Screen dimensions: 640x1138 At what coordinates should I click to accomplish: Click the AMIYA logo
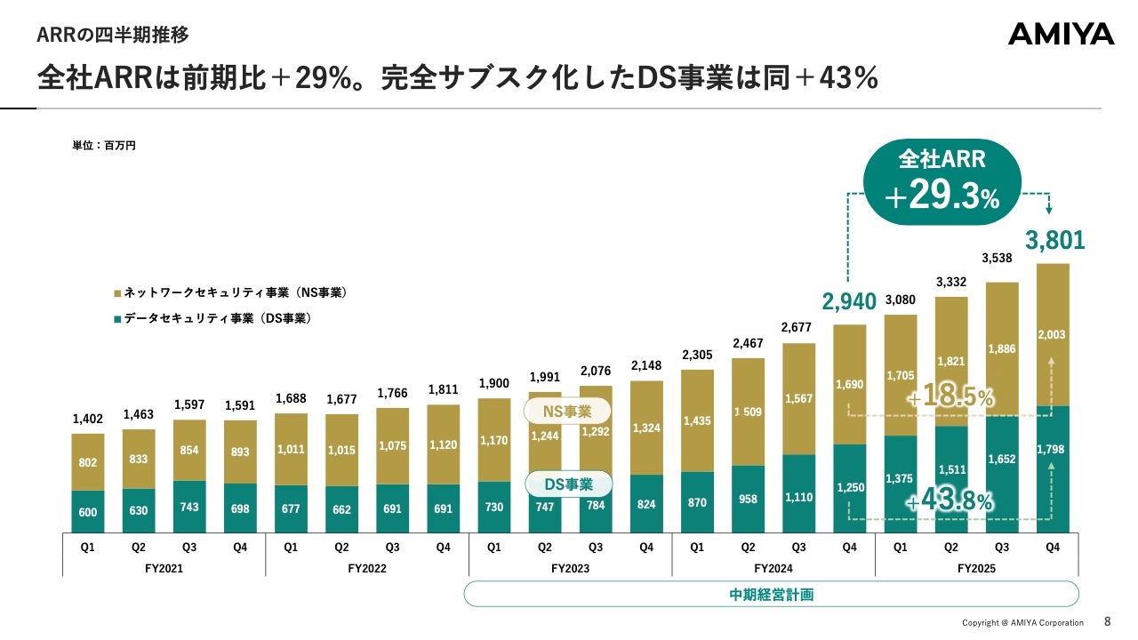point(1061,35)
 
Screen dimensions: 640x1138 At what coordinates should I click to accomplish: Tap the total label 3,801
point(1054,241)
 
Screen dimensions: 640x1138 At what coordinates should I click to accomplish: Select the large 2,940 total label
point(849,302)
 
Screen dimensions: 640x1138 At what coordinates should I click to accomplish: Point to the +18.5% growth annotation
point(950,396)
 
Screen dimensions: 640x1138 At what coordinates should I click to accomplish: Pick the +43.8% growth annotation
point(950,501)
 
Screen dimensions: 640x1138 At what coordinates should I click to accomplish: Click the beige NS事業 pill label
point(567,412)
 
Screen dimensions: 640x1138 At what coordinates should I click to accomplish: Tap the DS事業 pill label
point(567,484)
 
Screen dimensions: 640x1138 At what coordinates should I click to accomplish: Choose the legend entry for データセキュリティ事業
point(217,318)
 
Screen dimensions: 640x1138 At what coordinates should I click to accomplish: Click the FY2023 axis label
point(570,567)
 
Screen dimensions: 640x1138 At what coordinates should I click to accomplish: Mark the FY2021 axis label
point(164,567)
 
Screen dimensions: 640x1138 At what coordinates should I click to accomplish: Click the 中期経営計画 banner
point(771,595)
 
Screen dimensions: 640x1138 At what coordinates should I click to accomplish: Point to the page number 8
point(1107,621)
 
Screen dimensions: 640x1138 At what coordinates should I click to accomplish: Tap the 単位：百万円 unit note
point(104,145)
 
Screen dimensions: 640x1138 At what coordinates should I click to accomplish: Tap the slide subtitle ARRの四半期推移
point(113,36)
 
